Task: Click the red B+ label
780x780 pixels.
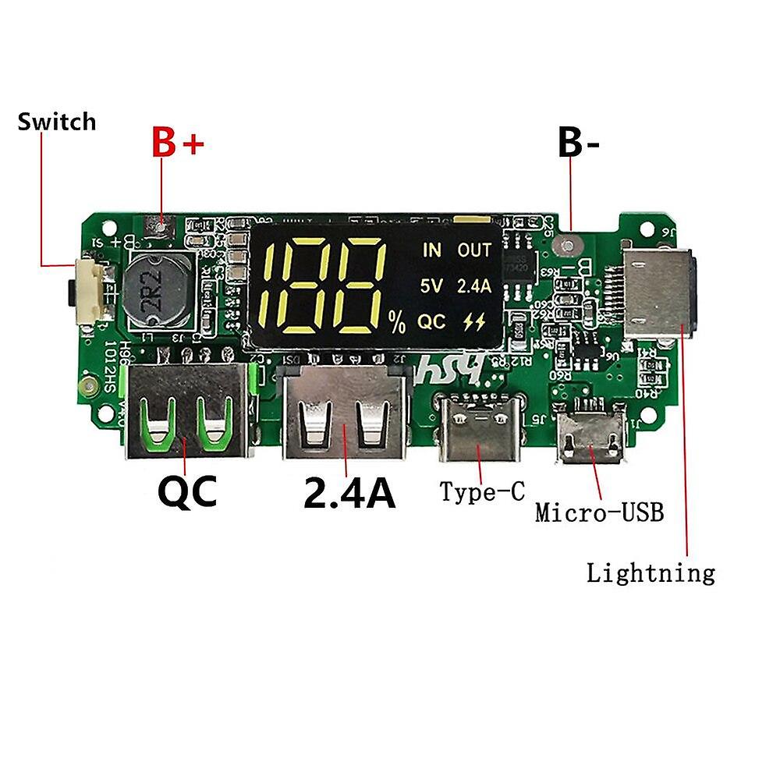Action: click(177, 143)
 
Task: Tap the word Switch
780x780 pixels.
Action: click(56, 122)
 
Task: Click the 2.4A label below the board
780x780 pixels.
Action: click(349, 493)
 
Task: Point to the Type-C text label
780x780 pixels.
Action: click(482, 491)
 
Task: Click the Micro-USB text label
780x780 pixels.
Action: click(599, 512)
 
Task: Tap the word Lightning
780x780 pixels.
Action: click(651, 573)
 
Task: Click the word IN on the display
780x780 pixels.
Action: click(431, 250)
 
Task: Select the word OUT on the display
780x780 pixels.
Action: click(474, 250)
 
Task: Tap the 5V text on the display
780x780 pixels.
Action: click(431, 285)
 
